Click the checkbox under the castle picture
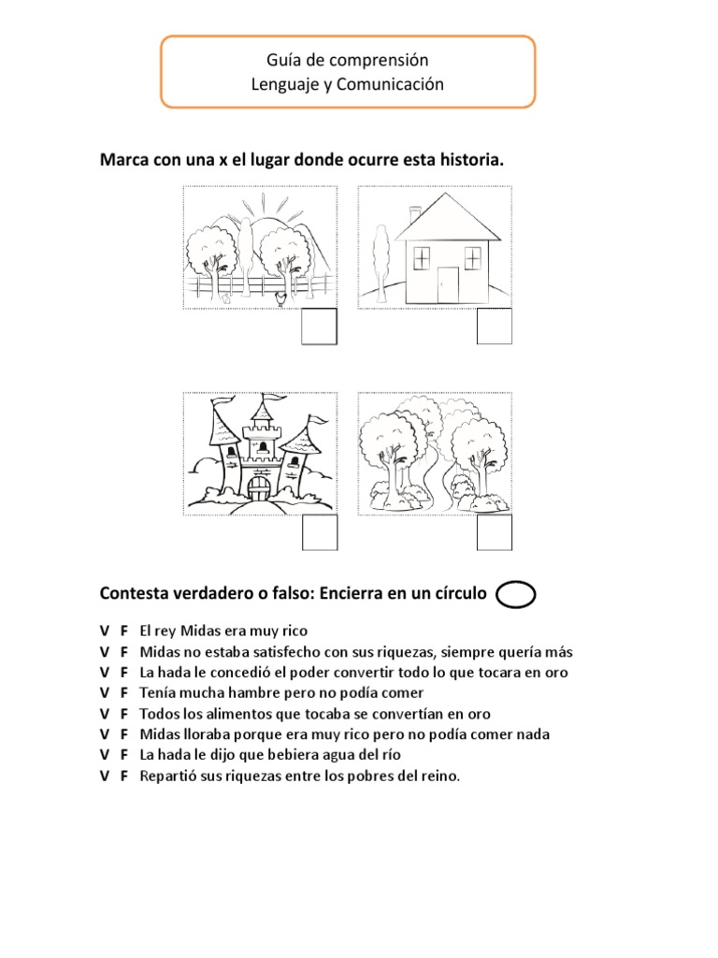point(320,532)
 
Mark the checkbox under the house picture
point(495,326)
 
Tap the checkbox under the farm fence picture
point(320,326)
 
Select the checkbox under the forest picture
point(495,532)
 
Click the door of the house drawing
point(449,283)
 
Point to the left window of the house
point(423,255)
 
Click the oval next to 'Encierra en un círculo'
point(516,595)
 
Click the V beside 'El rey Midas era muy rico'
point(105,631)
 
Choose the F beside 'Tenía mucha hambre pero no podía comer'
point(123,693)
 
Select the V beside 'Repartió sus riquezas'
point(105,776)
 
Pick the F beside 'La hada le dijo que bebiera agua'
point(123,755)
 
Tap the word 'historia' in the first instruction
point(470,161)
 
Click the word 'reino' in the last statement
point(441,776)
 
